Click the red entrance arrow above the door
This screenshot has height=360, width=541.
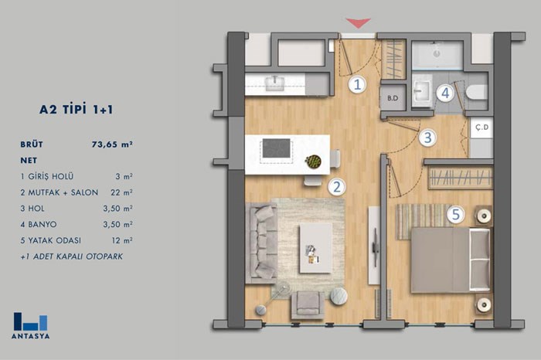coord(359,22)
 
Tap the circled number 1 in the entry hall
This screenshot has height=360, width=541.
coord(357,84)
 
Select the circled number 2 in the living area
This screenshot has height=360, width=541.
coord(336,186)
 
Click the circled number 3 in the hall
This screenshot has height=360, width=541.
coord(427,138)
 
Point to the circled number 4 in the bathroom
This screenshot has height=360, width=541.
coord(445,93)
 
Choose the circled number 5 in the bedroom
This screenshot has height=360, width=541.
coord(456,215)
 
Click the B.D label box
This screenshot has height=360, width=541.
coord(393,98)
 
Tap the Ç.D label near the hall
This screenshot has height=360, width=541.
coord(481,127)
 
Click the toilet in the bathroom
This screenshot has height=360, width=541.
coord(476,93)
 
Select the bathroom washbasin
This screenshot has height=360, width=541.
coord(422,90)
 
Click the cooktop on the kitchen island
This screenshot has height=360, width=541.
coord(277,148)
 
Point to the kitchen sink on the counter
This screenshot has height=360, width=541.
coord(274,83)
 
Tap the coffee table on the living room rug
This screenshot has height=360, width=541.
coord(315,247)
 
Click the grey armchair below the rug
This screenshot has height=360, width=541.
coord(308,305)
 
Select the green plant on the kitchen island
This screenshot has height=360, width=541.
coord(313,161)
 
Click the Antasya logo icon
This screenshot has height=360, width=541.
coord(30,321)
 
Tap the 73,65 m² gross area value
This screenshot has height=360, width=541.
coord(112,144)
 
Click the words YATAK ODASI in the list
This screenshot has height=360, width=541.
coord(55,240)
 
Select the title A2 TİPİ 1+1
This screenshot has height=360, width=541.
coord(76,109)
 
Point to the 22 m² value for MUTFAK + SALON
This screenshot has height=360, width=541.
coord(121,192)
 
